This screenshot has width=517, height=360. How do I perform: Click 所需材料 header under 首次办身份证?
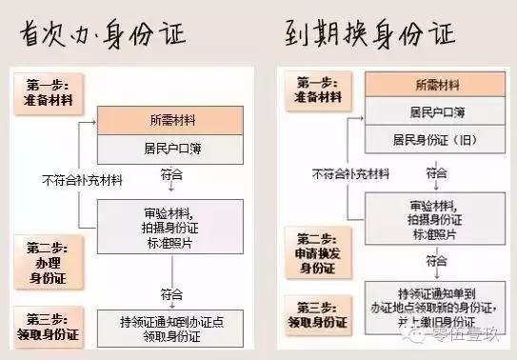click(174, 121)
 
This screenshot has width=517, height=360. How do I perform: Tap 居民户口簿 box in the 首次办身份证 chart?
click(174, 149)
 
